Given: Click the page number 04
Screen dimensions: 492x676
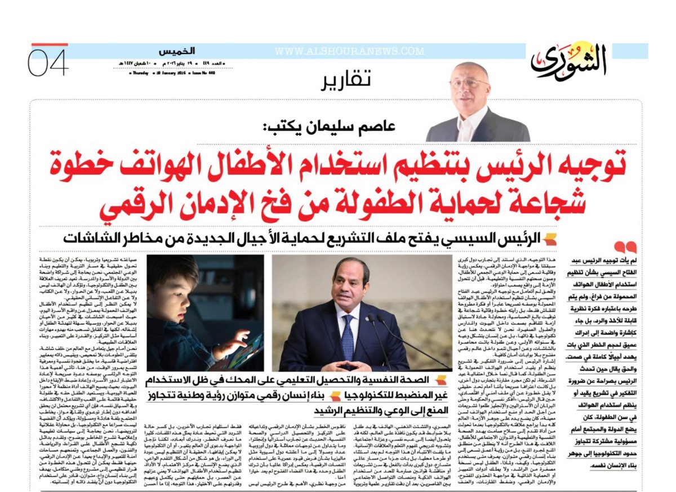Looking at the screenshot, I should point(50,64).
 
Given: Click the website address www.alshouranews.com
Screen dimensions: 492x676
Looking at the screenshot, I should point(349,51).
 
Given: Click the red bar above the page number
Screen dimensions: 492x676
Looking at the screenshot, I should point(50,44).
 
